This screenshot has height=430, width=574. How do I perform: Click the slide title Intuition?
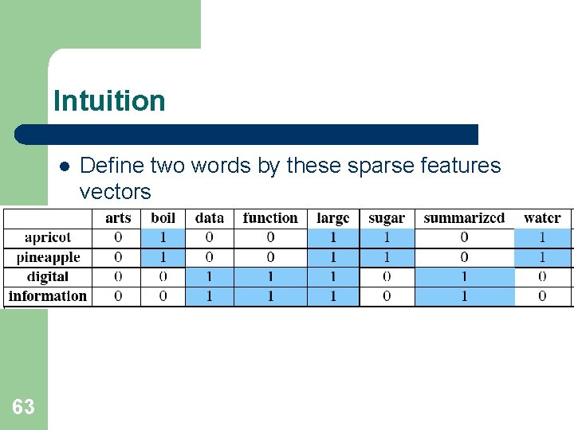(x=109, y=101)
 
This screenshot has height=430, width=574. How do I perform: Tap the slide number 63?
(x=23, y=408)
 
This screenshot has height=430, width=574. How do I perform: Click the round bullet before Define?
(x=64, y=166)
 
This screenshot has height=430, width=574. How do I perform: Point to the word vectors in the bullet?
(x=115, y=192)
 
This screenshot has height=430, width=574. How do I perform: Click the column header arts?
(x=118, y=218)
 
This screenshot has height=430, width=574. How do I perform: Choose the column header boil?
(x=163, y=218)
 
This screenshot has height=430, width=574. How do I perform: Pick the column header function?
(x=270, y=218)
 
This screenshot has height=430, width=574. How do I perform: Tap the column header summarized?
(x=464, y=218)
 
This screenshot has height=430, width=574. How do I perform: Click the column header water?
(x=542, y=218)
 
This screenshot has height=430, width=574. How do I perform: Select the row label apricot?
(x=48, y=237)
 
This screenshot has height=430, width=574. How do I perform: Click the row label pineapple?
(x=48, y=257)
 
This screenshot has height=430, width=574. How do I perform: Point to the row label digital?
(x=48, y=277)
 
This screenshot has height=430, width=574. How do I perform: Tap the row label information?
(x=48, y=296)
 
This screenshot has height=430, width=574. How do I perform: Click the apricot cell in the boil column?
(x=163, y=237)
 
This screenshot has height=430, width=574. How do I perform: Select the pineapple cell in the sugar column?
(x=387, y=257)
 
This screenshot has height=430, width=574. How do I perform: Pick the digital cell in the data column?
(x=209, y=277)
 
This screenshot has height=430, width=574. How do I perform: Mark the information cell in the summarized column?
(x=464, y=296)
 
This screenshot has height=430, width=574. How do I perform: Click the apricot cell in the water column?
(x=542, y=237)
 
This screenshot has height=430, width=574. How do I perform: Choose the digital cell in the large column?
(x=332, y=277)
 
